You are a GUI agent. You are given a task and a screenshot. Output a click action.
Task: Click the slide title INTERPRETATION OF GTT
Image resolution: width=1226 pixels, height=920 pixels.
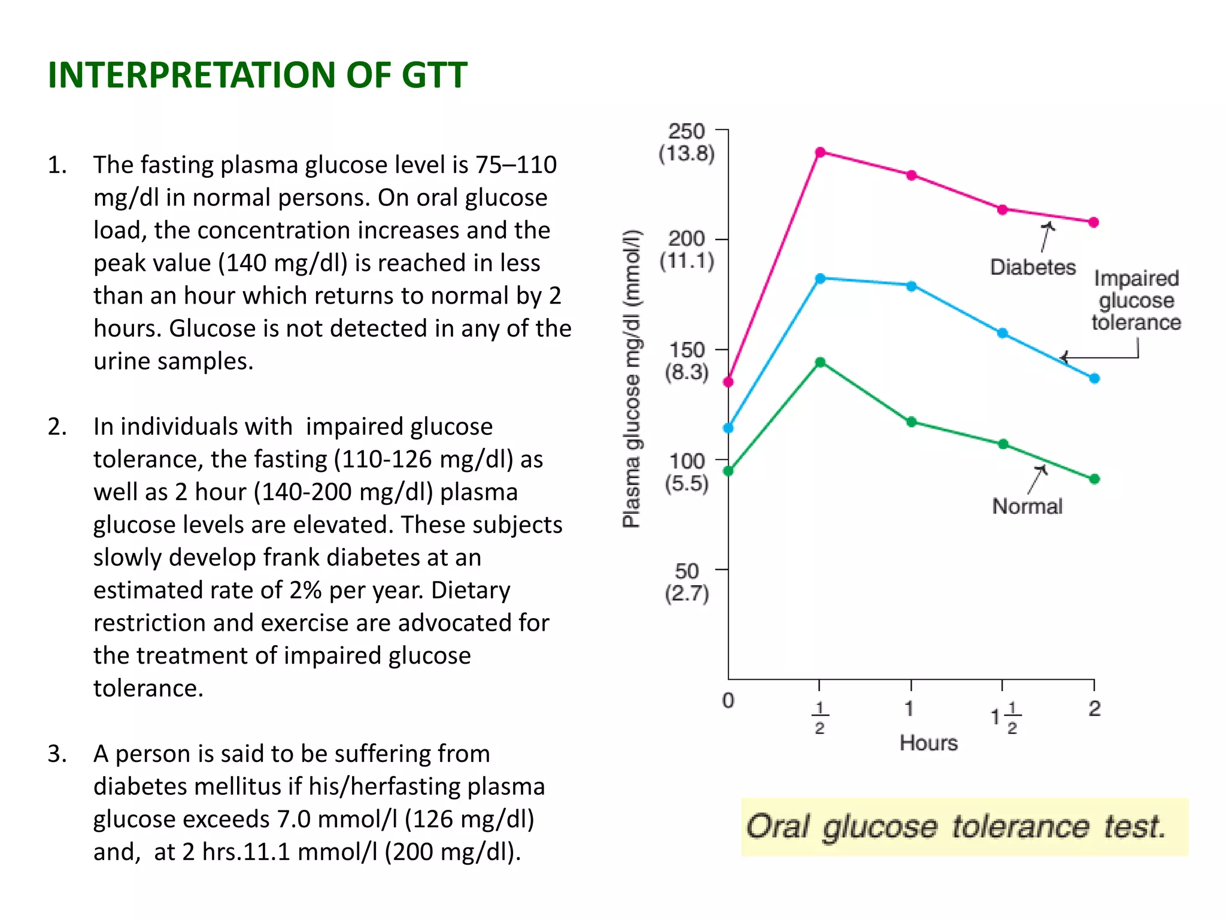point(257,75)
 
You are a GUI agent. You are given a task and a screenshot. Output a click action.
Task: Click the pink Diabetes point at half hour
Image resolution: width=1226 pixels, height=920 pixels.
point(820,152)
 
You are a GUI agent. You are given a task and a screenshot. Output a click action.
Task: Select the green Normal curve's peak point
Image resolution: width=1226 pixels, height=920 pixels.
point(820,362)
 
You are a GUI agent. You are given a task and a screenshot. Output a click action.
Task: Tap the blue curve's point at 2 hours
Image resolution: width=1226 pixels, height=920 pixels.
point(1094,379)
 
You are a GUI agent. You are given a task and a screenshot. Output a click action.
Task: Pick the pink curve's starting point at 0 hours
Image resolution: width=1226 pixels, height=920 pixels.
point(729,382)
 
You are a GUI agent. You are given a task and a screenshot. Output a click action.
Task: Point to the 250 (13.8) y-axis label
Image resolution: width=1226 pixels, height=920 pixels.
point(687,143)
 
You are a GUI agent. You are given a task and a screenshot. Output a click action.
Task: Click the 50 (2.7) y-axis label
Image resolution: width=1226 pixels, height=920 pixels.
point(687,582)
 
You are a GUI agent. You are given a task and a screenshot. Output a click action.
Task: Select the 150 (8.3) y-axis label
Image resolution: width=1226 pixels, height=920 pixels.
point(687,361)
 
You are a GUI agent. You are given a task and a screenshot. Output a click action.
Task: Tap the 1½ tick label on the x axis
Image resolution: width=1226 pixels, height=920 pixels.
point(1006,717)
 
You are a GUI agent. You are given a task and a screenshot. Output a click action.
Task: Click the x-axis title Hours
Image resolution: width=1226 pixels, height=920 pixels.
point(928,743)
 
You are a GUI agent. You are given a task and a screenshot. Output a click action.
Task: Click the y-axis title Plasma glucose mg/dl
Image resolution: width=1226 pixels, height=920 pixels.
point(632,379)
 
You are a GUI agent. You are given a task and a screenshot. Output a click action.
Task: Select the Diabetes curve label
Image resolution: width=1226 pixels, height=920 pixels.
point(1033,267)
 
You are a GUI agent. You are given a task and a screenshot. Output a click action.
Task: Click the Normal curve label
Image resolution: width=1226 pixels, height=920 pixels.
point(1027,507)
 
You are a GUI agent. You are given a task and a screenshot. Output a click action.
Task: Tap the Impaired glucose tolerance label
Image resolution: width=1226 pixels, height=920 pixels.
point(1136,301)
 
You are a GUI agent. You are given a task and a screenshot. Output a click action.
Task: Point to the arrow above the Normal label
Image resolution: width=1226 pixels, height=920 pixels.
point(1037,480)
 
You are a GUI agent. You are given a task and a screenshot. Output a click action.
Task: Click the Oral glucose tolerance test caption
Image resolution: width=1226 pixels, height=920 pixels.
point(956,827)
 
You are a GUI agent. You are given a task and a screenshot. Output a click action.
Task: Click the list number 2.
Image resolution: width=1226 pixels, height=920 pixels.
point(57,427)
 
